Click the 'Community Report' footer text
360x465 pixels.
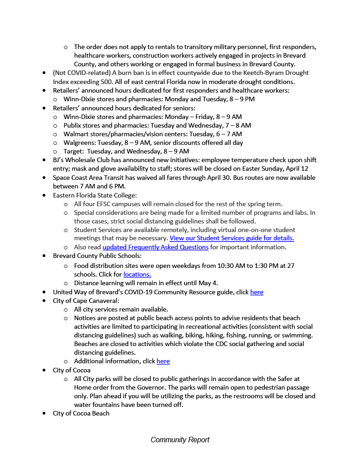(180, 440)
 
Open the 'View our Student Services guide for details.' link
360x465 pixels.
(232, 238)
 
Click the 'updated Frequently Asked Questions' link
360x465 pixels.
(155, 247)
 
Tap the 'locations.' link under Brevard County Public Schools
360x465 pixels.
(137, 274)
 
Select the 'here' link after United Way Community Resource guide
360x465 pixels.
(257, 292)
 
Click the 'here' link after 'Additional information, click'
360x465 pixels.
(163, 361)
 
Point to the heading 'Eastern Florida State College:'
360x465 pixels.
(95, 195)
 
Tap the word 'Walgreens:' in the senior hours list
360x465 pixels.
(79, 143)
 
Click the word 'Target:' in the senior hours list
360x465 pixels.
(74, 151)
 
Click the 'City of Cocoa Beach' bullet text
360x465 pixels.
(81, 413)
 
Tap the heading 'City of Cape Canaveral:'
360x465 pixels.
(86, 301)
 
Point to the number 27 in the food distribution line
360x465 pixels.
(290, 266)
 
